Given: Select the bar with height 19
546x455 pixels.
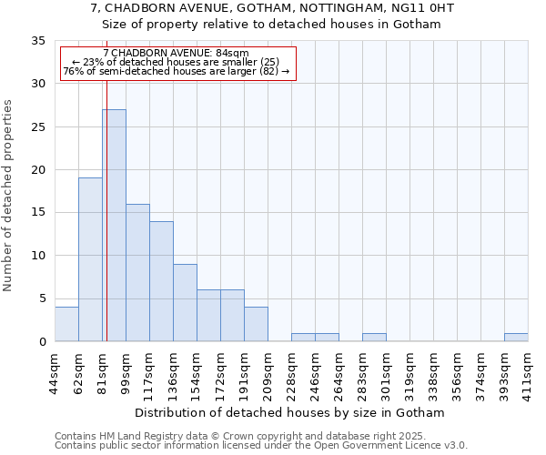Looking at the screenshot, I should (x=90, y=259).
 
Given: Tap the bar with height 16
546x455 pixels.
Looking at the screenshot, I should (x=137, y=273).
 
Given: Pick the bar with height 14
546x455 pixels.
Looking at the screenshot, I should (x=161, y=281).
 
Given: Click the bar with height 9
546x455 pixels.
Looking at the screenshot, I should (x=185, y=303).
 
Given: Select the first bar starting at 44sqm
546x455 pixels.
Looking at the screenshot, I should (x=66, y=324).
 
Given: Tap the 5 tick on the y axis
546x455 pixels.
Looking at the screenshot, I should (x=41, y=298).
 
